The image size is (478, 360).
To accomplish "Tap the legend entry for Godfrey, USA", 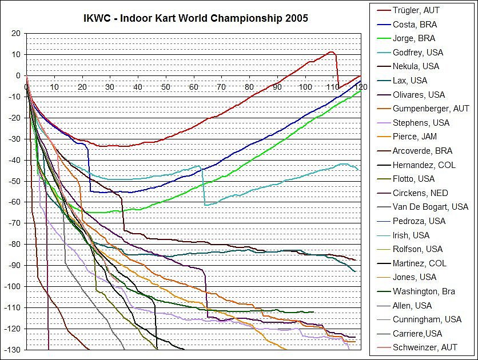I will point(418,53).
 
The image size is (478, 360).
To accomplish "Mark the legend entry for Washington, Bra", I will point(424,291).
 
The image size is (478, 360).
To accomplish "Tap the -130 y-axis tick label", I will point(11,350).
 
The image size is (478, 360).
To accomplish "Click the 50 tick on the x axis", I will point(165,87).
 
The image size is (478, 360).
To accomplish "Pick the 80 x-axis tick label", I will point(249,87).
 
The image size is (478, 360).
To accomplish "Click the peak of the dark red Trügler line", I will point(331,52).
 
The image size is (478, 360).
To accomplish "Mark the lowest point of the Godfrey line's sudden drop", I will point(205,205).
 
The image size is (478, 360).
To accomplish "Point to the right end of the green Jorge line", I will point(360,91).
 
